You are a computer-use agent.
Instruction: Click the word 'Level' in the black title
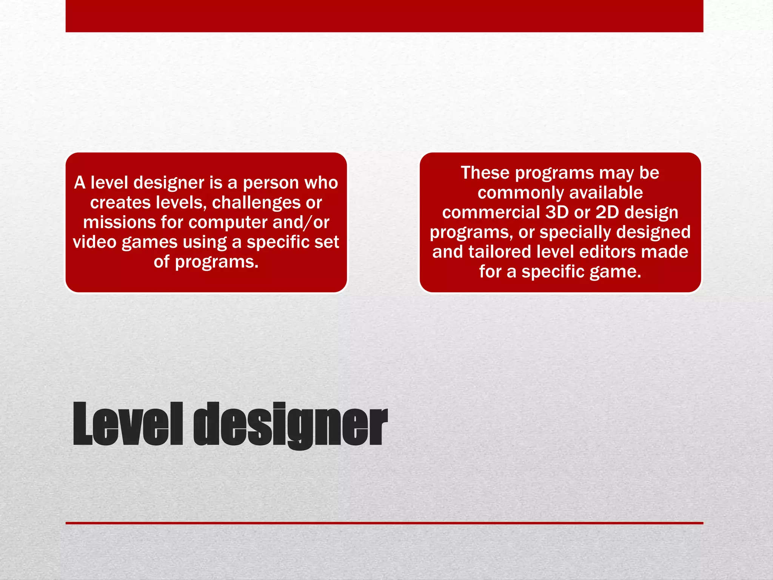click(x=128, y=424)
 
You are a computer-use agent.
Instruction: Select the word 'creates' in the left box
click(x=120, y=203)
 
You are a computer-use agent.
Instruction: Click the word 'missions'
click(x=119, y=222)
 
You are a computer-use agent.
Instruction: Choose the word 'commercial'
click(x=491, y=212)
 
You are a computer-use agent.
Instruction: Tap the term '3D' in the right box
click(x=557, y=212)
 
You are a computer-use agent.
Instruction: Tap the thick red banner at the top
click(x=384, y=16)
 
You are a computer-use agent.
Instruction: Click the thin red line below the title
click(x=384, y=523)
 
